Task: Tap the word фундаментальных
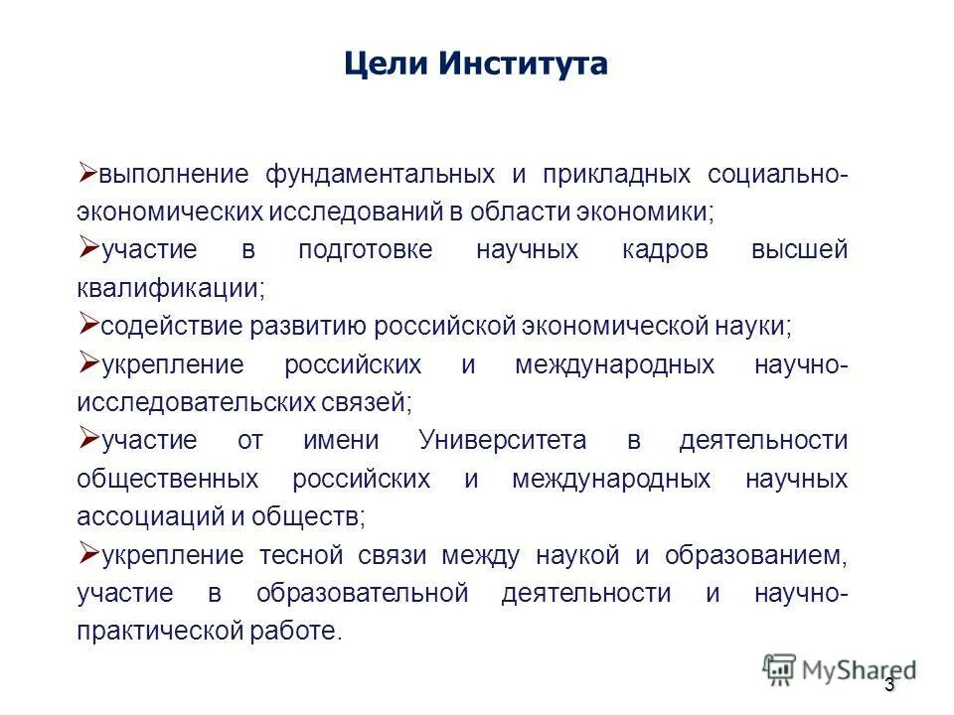(x=380, y=175)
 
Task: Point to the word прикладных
(x=616, y=175)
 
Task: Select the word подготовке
(x=366, y=250)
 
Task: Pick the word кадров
(x=666, y=250)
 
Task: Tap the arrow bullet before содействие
(x=86, y=324)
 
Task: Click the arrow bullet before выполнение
(x=86, y=172)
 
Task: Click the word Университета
(x=503, y=440)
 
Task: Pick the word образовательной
(x=362, y=593)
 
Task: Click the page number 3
(x=889, y=686)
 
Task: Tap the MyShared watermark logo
(x=840, y=670)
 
